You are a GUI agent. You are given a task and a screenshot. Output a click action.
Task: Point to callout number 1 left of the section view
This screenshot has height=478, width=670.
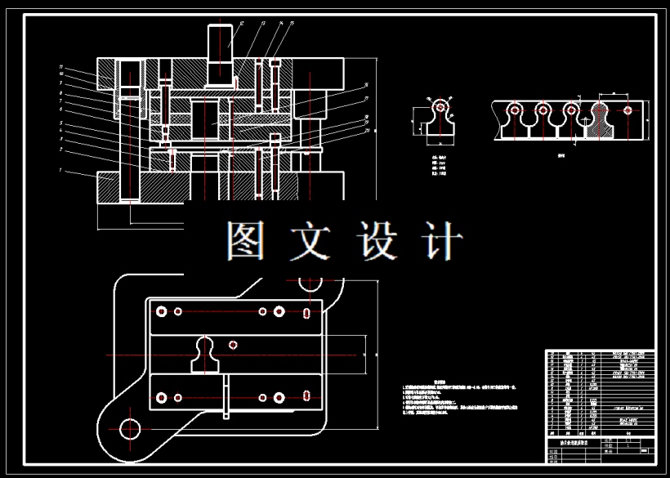click(62, 170)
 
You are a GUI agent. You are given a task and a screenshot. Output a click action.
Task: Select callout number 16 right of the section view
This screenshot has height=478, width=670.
click(367, 84)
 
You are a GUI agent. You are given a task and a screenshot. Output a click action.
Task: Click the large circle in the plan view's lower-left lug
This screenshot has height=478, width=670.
click(130, 427)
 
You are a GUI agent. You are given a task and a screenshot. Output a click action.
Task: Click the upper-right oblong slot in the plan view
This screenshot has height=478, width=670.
click(306, 312)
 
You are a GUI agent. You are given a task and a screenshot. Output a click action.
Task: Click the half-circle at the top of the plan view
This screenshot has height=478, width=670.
click(310, 285)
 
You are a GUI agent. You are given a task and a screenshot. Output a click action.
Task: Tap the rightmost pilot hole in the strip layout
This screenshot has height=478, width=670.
click(627, 109)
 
